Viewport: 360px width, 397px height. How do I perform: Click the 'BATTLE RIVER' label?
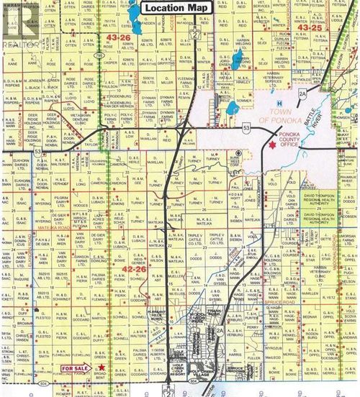pos(322,113)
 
